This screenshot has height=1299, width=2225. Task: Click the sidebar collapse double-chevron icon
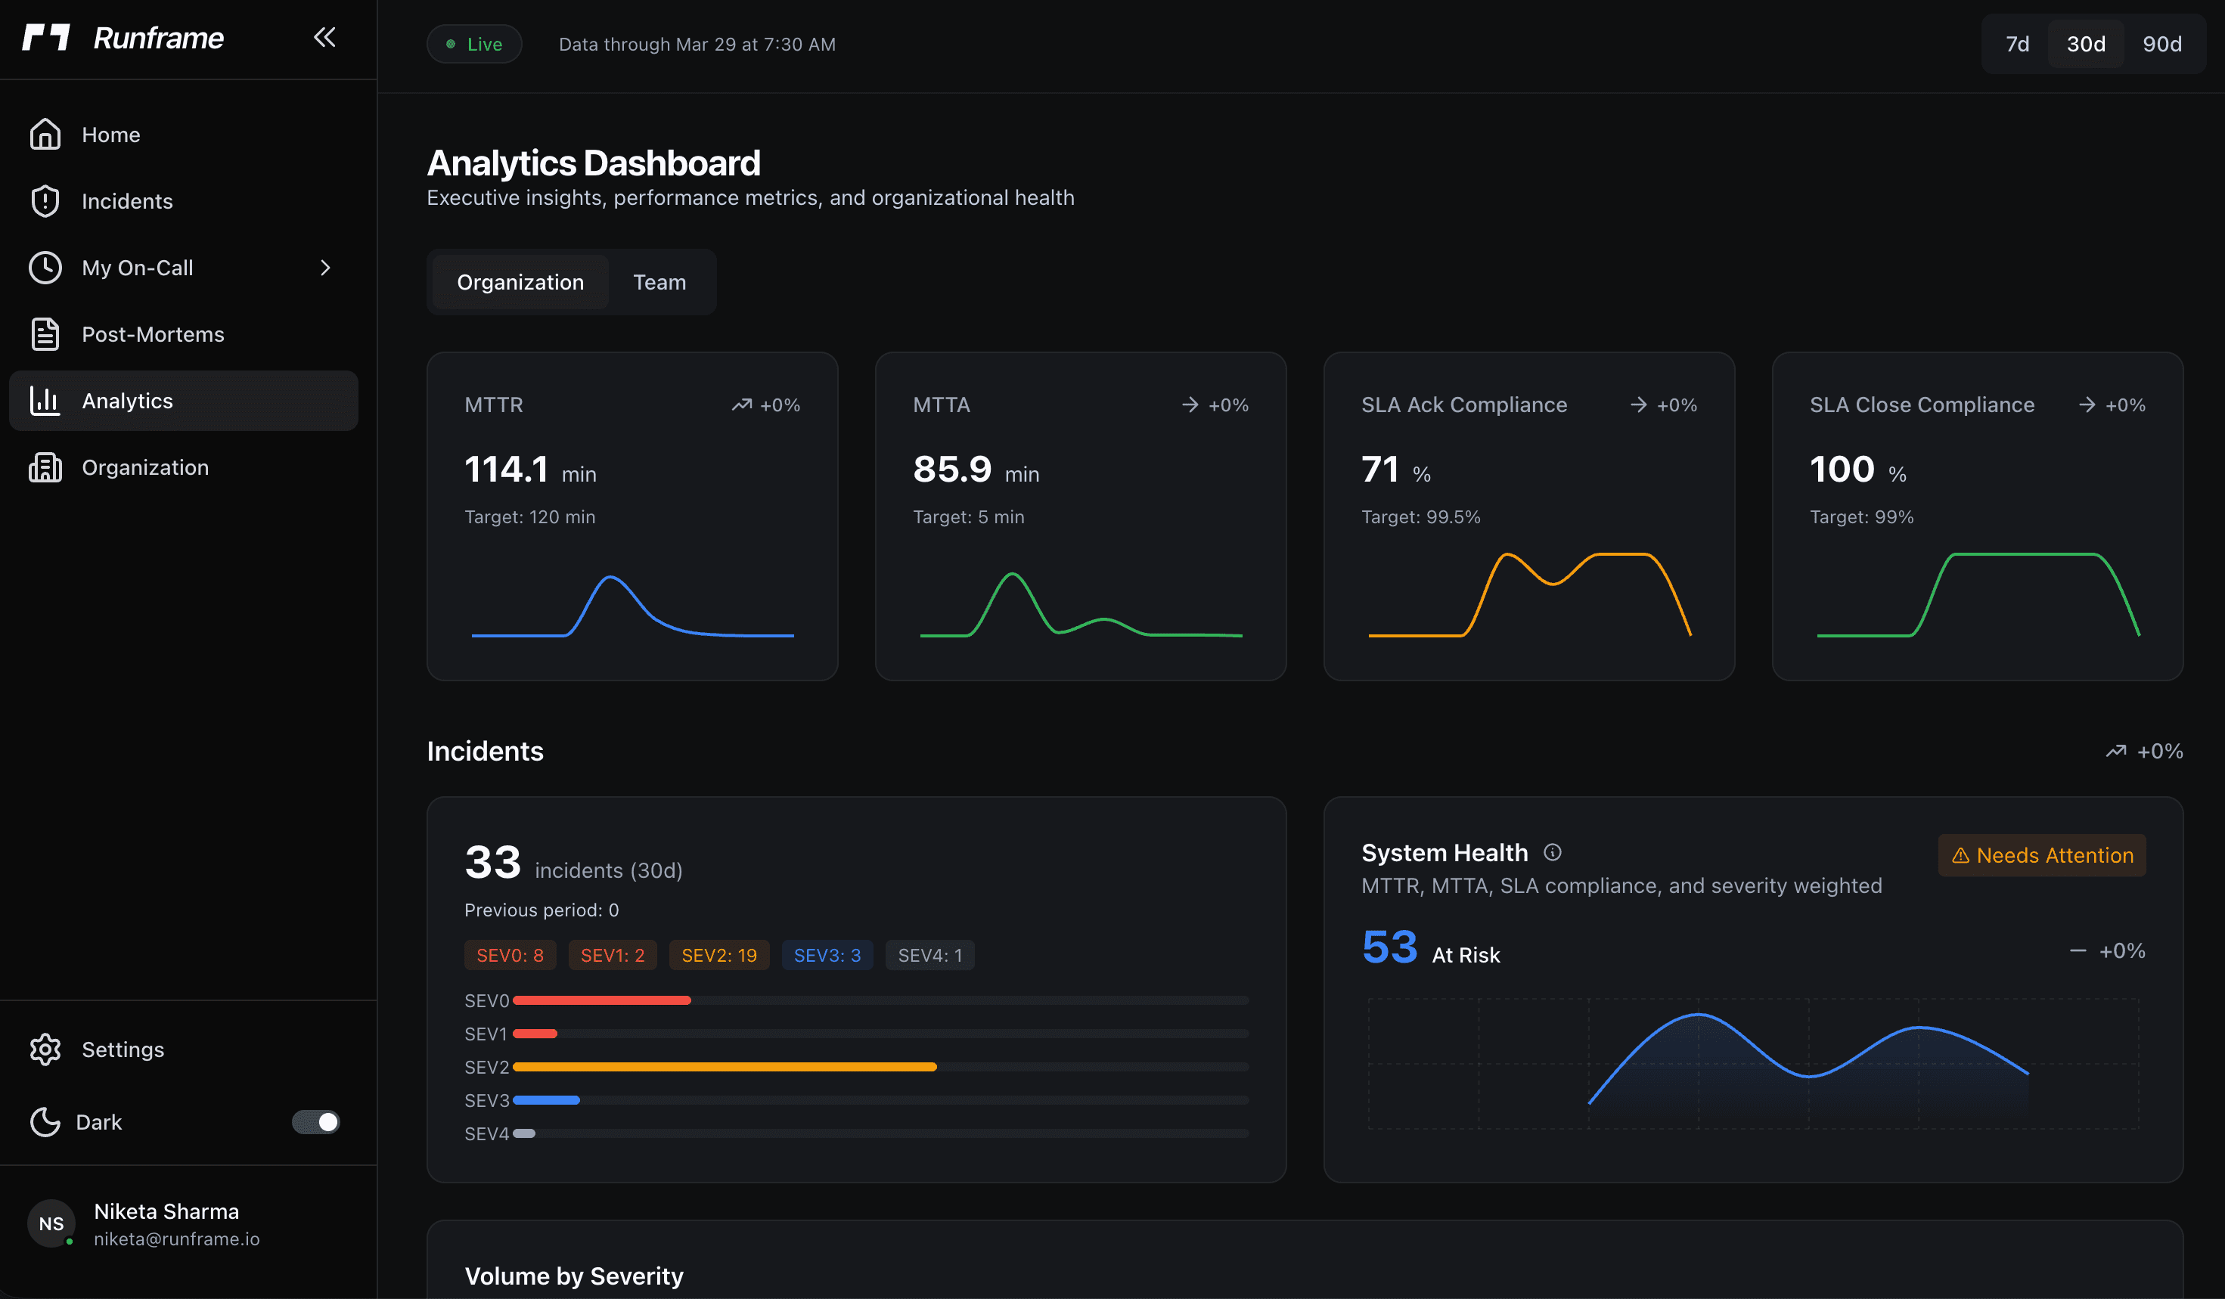324,37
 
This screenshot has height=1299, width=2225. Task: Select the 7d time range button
2016,44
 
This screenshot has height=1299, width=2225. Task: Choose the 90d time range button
2161,44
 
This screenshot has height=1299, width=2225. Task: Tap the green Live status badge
474,44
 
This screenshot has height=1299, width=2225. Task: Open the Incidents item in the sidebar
126,201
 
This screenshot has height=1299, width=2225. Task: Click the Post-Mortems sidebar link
152,334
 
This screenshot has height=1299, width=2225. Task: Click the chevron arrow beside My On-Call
325,268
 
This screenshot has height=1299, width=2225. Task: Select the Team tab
659,282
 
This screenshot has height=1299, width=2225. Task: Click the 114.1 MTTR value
506,469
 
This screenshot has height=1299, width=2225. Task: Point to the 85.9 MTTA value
952,469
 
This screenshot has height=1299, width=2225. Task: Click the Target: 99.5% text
1420,517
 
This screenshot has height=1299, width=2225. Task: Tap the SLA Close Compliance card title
1921,405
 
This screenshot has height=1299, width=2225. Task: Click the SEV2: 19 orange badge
718,955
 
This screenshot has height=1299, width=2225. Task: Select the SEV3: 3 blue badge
827,955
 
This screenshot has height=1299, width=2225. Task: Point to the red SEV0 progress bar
601,1000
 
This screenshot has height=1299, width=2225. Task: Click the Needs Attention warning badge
2041,855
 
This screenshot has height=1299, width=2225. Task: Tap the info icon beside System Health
1551,852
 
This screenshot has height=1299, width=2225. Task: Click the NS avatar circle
51,1223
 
